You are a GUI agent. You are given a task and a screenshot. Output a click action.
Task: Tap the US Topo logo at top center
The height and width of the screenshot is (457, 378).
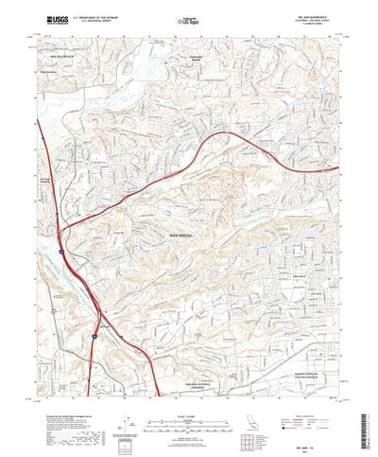[189, 18]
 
